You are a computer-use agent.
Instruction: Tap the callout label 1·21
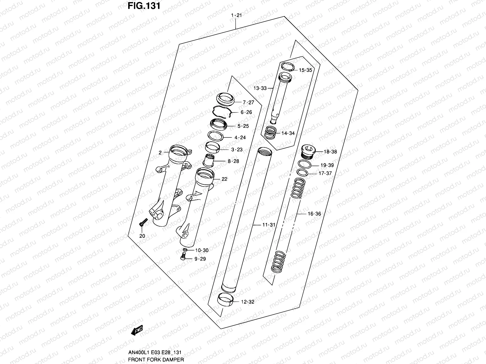click(236, 15)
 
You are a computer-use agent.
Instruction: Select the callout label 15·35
click(305, 70)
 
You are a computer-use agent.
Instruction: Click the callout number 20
click(142, 236)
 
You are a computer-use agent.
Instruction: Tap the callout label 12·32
click(248, 302)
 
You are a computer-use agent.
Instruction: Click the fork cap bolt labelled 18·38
click(309, 151)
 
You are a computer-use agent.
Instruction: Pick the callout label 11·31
click(269, 225)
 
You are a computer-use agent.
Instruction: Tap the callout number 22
click(224, 179)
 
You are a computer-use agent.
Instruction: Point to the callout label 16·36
click(314, 214)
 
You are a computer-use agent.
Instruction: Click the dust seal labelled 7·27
click(225, 99)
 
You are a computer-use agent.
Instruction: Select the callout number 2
click(160, 153)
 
